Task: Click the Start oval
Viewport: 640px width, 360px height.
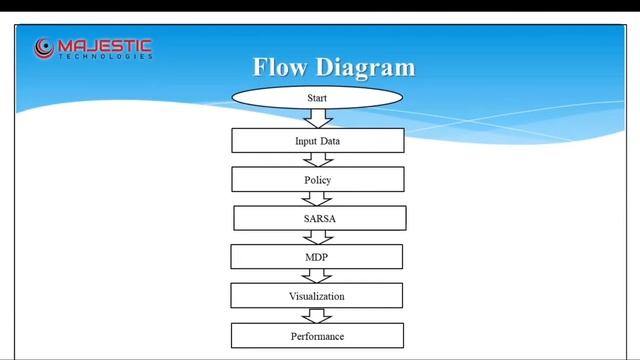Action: point(317,98)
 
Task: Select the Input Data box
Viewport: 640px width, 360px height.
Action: point(317,141)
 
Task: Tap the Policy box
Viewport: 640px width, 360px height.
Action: point(317,180)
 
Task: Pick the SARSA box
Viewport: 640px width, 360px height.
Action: point(319,218)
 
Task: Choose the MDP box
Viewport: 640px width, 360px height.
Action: point(316,257)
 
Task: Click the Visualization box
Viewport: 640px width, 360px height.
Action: point(316,296)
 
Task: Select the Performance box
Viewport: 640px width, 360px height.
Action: point(317,336)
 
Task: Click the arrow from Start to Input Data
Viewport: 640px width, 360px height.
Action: point(318,118)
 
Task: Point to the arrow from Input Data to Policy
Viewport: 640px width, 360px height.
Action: point(318,160)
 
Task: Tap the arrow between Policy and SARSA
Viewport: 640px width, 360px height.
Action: point(318,199)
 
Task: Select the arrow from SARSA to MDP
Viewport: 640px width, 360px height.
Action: point(318,238)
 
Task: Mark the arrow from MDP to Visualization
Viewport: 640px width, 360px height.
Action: point(317,276)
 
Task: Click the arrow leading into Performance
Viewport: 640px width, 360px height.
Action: point(317,315)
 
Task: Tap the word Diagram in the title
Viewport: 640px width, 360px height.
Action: point(365,68)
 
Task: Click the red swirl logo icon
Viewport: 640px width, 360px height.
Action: point(44,47)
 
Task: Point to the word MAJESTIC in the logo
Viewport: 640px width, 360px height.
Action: point(105,44)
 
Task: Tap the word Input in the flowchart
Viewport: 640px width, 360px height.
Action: point(305,141)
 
